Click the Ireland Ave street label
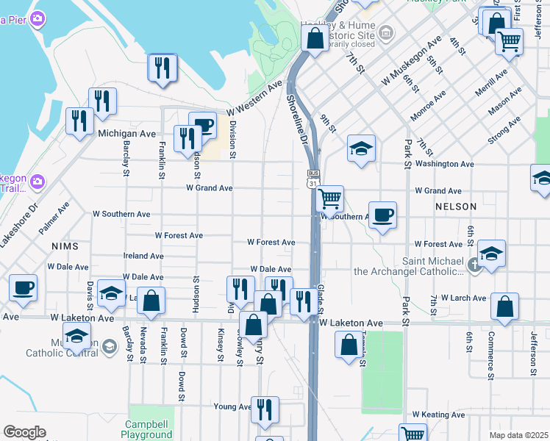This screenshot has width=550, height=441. (143, 256)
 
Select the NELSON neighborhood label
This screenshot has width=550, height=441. (455, 207)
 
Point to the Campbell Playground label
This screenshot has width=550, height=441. (148, 430)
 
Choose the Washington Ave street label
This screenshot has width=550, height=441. (444, 164)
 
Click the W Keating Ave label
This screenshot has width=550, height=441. (438, 415)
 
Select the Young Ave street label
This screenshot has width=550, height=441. (232, 406)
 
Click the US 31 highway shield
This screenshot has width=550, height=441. (312, 181)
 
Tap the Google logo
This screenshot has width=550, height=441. (24, 432)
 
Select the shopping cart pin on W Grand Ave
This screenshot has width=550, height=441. (330, 198)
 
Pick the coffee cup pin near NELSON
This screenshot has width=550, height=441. (382, 215)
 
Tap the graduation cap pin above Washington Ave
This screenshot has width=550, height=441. (361, 149)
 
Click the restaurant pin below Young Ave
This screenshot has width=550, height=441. (265, 409)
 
